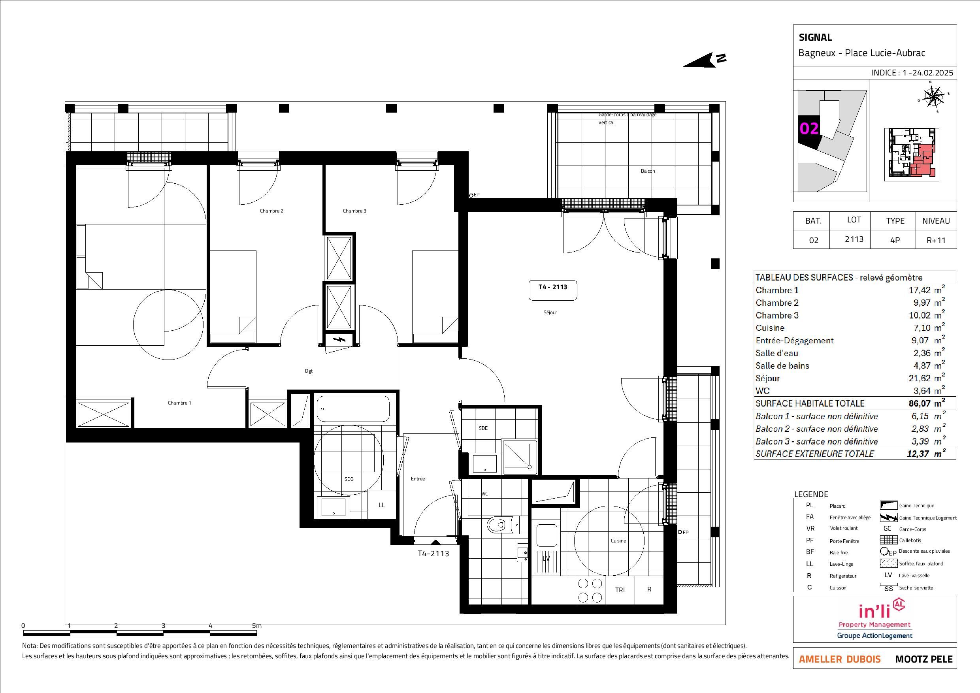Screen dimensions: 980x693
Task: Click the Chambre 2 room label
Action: click(x=271, y=211)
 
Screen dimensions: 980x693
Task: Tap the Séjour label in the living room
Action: click(x=550, y=313)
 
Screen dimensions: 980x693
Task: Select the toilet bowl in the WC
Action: click(x=496, y=525)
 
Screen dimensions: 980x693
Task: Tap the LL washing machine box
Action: click(x=382, y=505)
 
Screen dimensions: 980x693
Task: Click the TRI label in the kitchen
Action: click(x=620, y=590)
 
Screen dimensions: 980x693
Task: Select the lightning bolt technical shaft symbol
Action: click(x=340, y=340)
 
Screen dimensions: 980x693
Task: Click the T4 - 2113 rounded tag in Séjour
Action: click(x=553, y=290)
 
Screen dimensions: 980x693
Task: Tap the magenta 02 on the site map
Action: click(x=809, y=128)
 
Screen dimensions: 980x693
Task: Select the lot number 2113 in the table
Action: click(x=854, y=239)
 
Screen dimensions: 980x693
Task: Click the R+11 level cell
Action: click(x=936, y=240)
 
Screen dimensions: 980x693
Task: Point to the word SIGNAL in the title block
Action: click(x=815, y=38)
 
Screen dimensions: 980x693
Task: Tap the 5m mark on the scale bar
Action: click(x=256, y=625)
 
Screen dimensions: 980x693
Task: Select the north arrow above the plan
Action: click(x=704, y=60)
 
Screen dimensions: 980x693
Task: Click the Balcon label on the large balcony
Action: click(x=648, y=171)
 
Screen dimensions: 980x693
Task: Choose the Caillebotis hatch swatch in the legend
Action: click(x=888, y=540)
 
